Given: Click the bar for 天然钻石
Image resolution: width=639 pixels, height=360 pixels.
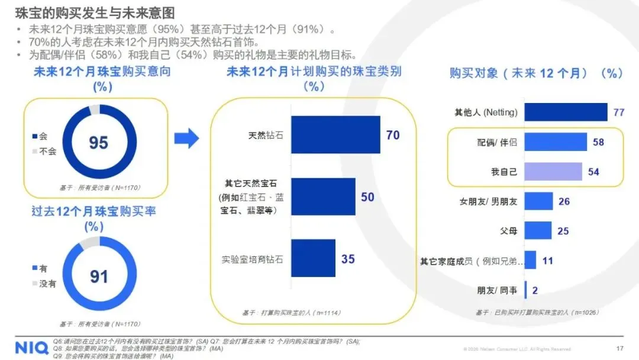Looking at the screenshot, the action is [x=335, y=135].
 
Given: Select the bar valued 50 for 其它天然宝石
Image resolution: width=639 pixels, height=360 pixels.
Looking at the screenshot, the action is [x=323, y=197].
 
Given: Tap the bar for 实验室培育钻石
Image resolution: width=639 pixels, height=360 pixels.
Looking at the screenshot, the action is [x=313, y=258].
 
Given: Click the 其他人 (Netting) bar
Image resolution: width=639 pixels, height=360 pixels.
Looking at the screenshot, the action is [x=566, y=112].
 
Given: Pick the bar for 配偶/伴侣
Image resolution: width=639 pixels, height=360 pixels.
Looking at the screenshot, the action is [x=556, y=142].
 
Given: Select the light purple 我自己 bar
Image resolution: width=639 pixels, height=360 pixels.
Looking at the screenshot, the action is [x=553, y=172].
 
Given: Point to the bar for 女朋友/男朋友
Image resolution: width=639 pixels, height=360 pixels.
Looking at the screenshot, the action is [x=538, y=201].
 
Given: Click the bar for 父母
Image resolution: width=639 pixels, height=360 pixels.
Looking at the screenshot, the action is [x=538, y=230].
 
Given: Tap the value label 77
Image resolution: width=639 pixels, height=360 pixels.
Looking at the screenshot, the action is [x=618, y=112].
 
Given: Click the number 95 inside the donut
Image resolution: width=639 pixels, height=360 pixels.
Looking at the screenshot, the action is [x=99, y=143].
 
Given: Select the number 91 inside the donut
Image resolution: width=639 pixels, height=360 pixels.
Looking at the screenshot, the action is [x=99, y=277].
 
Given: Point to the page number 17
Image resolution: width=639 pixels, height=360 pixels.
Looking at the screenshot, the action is [x=619, y=348].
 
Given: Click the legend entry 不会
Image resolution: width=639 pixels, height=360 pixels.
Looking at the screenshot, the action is [x=47, y=151].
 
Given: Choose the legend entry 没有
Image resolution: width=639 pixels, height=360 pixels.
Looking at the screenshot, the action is [x=47, y=284].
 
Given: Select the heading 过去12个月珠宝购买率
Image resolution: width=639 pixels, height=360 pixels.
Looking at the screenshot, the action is [x=93, y=211].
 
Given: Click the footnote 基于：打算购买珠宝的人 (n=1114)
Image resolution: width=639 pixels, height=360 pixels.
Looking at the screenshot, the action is [x=292, y=313].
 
